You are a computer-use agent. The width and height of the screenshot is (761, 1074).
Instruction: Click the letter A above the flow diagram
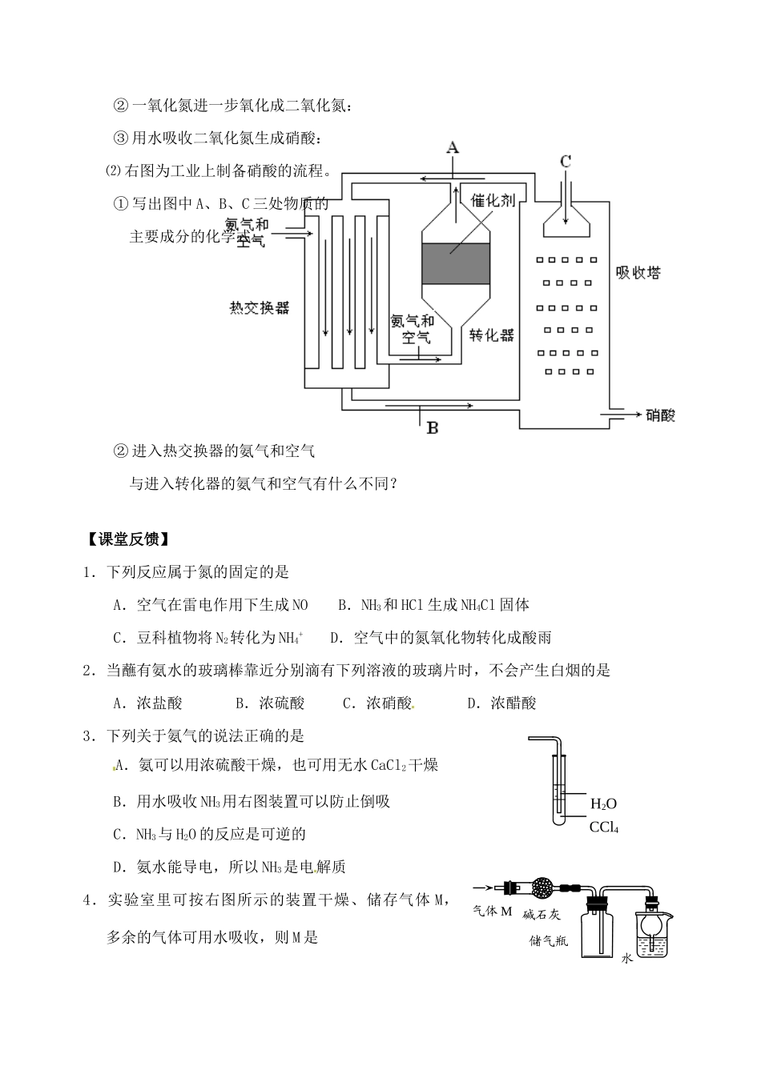(453, 147)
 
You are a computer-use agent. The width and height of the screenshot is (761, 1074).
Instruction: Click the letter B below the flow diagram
(433, 427)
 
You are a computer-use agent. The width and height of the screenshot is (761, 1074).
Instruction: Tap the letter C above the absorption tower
(566, 161)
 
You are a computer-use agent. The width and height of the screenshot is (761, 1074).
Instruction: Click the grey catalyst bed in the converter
(455, 263)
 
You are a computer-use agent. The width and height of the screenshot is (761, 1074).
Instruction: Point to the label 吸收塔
(638, 272)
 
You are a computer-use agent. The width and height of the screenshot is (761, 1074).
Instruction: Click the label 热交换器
(258, 308)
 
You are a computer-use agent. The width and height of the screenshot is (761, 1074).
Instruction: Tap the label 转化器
(491, 334)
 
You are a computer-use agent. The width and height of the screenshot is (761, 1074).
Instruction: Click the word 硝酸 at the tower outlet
(661, 415)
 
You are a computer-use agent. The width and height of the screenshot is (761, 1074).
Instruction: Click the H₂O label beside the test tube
(603, 803)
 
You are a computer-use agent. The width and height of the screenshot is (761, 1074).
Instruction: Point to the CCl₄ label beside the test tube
(604, 827)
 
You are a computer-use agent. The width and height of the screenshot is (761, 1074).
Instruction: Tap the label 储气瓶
(549, 940)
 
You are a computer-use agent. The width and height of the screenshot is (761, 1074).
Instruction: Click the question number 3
(89, 735)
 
